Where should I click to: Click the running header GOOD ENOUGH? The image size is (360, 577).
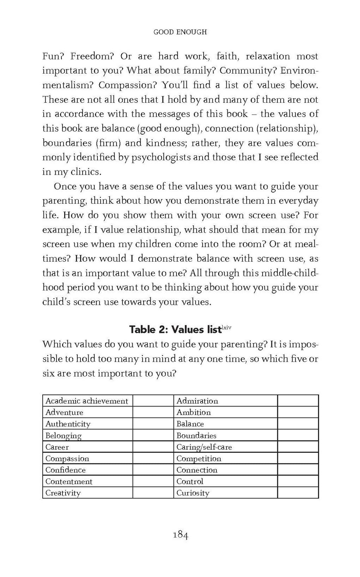tap(180, 32)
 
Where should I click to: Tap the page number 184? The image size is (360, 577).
tap(180, 535)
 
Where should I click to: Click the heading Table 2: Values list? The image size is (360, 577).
tap(175, 329)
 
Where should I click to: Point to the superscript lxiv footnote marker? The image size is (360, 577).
tap(226, 327)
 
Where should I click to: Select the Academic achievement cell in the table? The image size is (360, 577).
tap(87, 401)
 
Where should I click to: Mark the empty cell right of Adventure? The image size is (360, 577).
tap(153, 412)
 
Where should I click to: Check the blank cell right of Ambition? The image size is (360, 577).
tap(298, 412)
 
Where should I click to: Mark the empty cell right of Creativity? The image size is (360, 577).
tap(153, 493)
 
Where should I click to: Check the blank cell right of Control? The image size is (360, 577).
tap(298, 482)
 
